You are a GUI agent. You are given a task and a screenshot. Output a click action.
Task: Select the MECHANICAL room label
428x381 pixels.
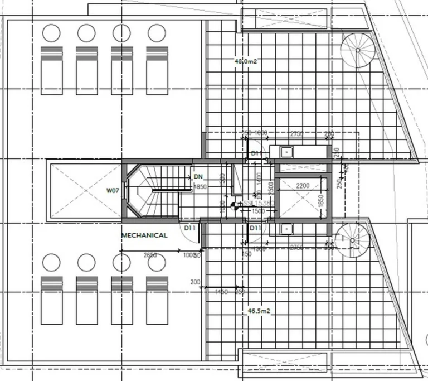[144, 235]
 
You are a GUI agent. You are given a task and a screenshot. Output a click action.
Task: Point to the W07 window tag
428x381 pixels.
[113, 190]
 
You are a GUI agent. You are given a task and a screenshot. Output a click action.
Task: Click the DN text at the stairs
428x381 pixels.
[198, 177]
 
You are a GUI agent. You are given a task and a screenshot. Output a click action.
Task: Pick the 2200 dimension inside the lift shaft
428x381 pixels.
[303, 186]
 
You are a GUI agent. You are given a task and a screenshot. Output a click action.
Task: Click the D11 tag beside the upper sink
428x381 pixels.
[256, 153]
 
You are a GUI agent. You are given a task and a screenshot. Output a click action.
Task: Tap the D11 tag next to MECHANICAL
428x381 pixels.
[189, 228]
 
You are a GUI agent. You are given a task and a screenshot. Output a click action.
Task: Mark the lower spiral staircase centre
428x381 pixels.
[352, 240]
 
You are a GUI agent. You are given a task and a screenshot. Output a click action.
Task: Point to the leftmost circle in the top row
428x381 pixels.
[51, 33]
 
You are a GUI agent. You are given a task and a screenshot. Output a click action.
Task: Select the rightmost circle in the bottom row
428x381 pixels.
[157, 262]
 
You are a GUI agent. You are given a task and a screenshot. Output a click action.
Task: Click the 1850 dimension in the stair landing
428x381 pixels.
[200, 187]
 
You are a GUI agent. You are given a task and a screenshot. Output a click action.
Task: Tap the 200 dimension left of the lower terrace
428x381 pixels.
[195, 282]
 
